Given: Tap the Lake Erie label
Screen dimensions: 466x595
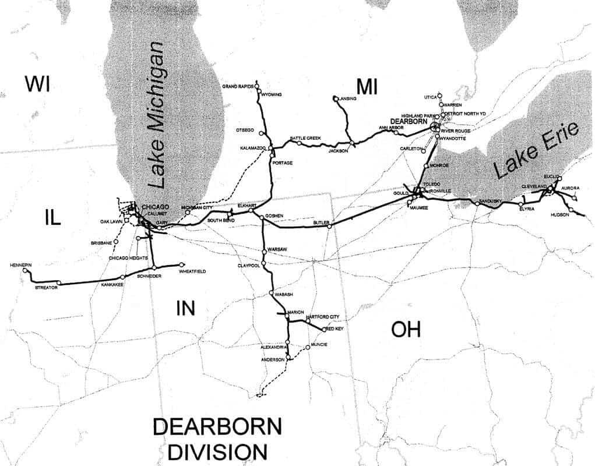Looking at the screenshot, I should tap(535, 151).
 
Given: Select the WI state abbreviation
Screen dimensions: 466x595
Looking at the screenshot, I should tap(37, 84).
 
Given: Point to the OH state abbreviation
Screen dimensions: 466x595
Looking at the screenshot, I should tap(406, 330).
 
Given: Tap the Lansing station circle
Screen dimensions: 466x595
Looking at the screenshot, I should tap(336, 98).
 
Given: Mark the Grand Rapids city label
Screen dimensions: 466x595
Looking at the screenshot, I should tap(237, 86).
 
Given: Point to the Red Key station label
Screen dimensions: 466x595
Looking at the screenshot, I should tap(335, 329).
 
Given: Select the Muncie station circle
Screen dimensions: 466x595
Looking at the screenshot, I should tap(307, 348).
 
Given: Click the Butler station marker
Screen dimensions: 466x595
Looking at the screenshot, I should tap(329, 227).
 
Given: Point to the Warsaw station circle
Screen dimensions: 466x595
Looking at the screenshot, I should tap(265, 252).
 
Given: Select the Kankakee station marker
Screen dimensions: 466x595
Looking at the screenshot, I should tap(122, 277).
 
